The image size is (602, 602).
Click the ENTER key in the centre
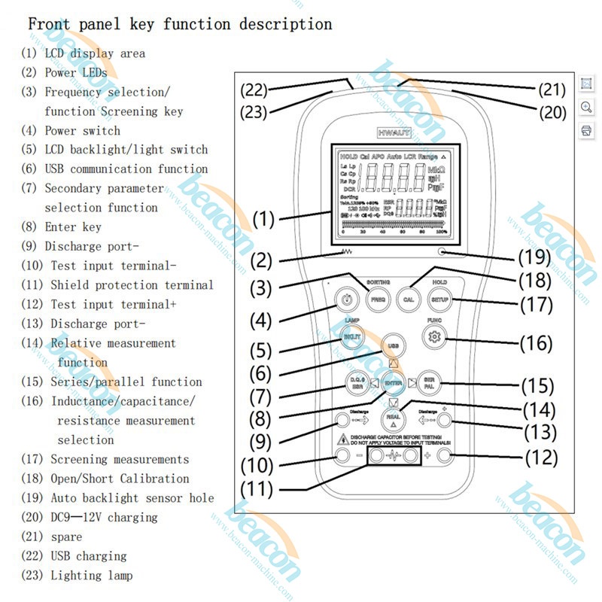[394, 382]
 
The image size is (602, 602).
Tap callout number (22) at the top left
[254, 90]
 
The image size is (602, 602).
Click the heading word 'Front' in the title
[49, 23]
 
